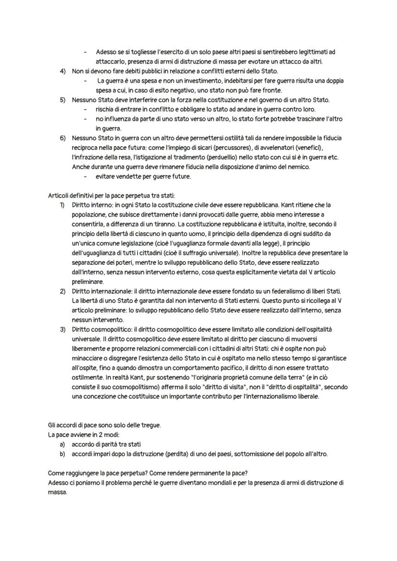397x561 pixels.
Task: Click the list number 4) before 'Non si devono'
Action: point(62,71)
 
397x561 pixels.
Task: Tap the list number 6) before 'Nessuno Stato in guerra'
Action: point(62,138)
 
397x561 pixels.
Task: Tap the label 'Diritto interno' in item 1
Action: point(92,205)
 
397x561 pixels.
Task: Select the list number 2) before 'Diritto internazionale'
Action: point(62,291)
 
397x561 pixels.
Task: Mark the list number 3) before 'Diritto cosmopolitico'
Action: point(62,330)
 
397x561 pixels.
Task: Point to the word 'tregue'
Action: point(150,426)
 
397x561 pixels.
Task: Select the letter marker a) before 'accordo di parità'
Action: point(62,444)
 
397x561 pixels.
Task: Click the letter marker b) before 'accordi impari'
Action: point(62,454)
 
